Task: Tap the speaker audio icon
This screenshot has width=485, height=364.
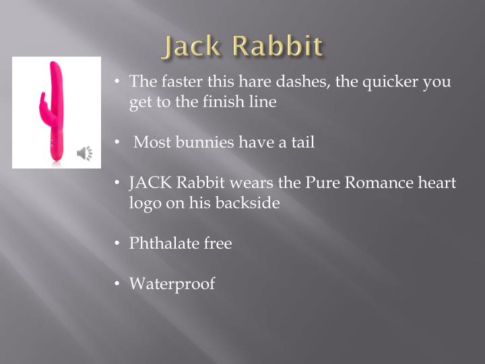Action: (85, 154)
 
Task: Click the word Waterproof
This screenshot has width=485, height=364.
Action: (172, 284)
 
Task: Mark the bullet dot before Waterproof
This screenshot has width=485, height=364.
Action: (117, 284)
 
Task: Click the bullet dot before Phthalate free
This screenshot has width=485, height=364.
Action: (117, 243)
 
